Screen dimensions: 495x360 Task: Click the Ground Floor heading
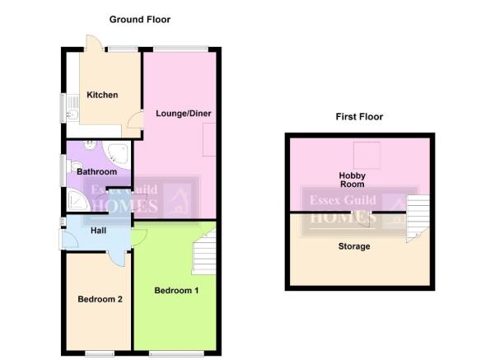140,20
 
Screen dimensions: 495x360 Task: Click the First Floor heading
359,117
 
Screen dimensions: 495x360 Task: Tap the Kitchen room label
102,95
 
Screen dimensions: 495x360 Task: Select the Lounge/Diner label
184,114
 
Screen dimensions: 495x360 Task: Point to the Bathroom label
97,172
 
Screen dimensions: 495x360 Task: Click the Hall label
98,231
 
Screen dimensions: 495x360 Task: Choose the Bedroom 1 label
176,291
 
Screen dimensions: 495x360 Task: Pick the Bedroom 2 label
100,299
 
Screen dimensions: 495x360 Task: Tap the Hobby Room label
353,180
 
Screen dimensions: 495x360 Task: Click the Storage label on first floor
354,246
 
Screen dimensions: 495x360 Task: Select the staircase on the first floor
418,217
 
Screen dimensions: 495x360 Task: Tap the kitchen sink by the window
72,108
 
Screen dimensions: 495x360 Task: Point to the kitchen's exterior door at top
94,43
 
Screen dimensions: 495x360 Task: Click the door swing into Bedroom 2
118,259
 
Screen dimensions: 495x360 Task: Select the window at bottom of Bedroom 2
100,353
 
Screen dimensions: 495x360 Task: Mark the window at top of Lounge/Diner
180,49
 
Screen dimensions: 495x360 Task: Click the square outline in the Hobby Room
367,156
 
